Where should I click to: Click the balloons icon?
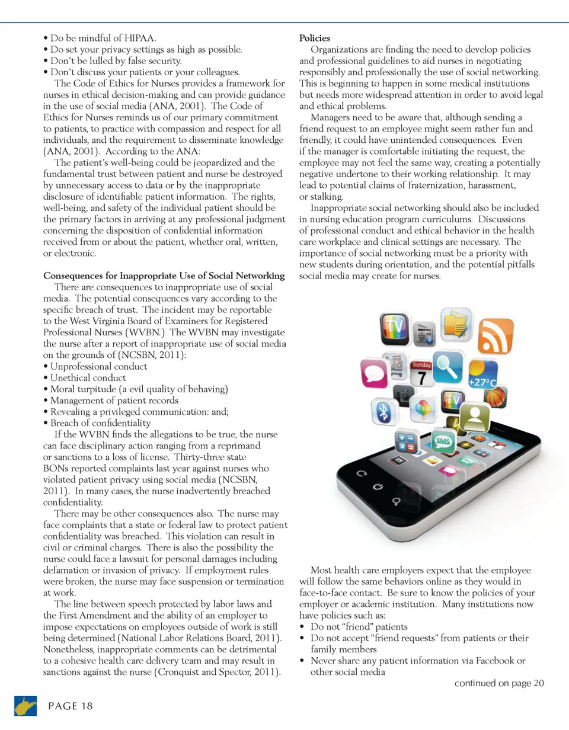pos(422,409)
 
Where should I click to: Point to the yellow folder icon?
pos(456,324)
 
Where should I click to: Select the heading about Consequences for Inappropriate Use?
pos(164,276)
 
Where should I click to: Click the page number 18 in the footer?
pos(69,706)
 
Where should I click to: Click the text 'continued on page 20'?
pos(498,683)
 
